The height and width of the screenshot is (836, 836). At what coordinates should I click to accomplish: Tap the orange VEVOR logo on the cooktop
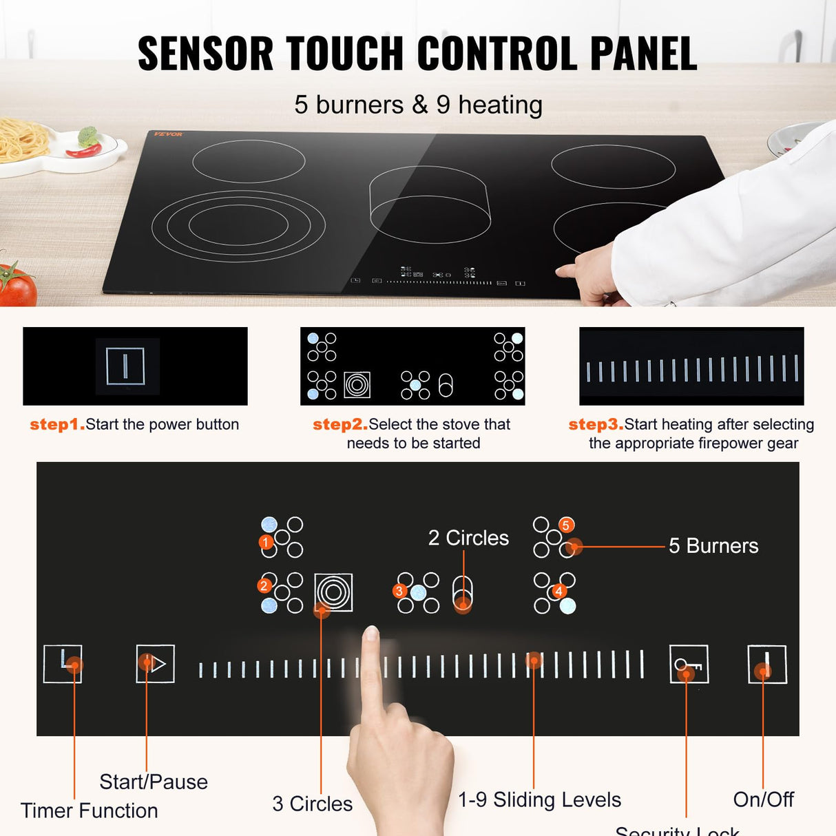[x=168, y=134]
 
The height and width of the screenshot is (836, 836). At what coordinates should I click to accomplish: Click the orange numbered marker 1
[x=266, y=543]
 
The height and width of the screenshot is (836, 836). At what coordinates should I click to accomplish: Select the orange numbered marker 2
[x=264, y=586]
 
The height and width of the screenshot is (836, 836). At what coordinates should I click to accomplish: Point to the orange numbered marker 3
[x=399, y=591]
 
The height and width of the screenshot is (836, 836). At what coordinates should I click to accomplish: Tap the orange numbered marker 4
[x=558, y=591]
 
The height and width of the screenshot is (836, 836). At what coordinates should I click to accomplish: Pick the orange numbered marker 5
[x=565, y=525]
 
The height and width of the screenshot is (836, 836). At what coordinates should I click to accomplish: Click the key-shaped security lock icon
[x=689, y=665]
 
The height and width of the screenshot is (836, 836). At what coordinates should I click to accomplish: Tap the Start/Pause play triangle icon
[x=156, y=664]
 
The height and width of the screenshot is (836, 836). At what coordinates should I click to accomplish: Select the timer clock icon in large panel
[x=63, y=664]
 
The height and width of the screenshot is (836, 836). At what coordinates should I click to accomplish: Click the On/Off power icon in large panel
[x=767, y=665]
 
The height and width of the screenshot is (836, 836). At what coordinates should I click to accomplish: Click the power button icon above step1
[x=125, y=366]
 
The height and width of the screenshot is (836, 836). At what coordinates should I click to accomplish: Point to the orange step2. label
[x=340, y=424]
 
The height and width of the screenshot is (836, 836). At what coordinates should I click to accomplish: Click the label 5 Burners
[x=713, y=546]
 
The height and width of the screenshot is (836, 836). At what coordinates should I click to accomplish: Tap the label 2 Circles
[x=468, y=538]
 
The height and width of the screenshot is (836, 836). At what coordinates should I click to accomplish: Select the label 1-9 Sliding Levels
[x=540, y=800]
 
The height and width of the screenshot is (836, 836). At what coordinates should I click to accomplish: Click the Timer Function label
[x=90, y=811]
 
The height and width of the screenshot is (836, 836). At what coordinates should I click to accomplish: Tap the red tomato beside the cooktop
[x=17, y=285]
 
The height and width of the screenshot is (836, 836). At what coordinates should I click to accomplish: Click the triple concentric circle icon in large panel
[x=334, y=592]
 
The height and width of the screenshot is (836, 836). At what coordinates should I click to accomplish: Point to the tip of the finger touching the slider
[x=371, y=631]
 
